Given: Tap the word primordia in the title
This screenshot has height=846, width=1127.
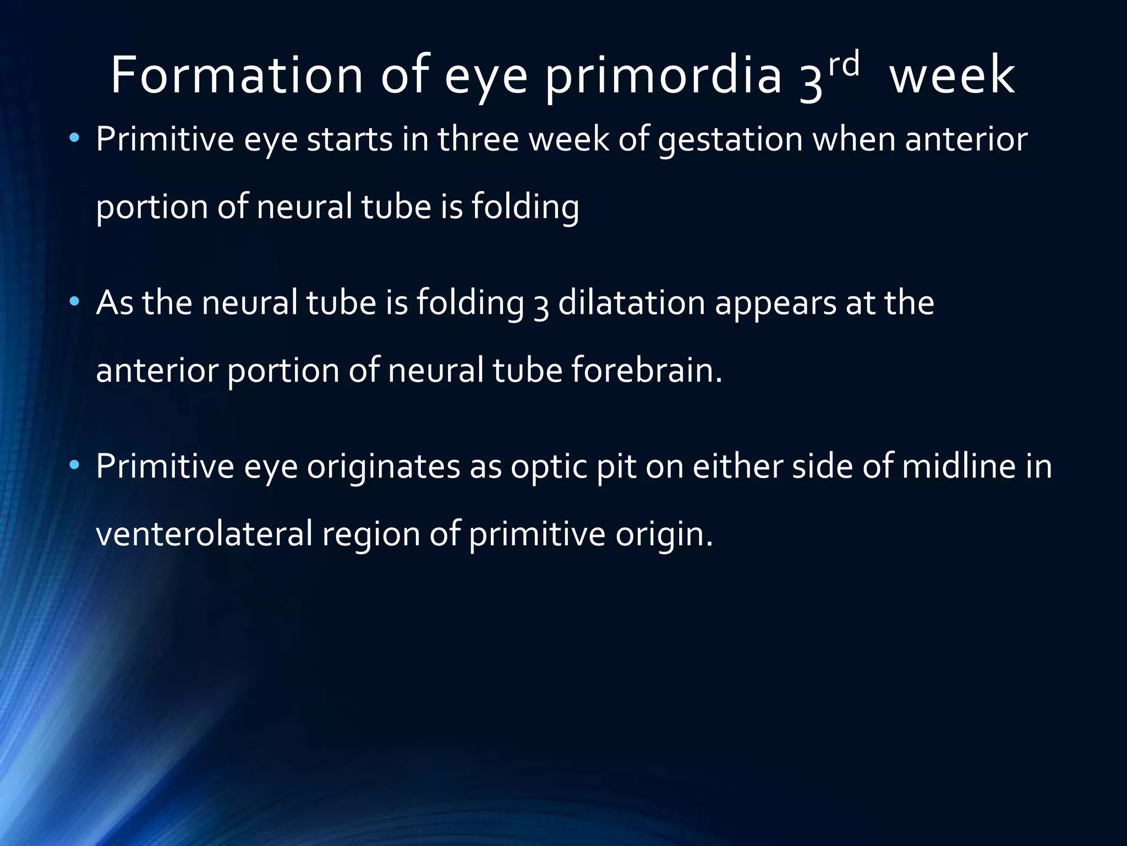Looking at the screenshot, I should (x=663, y=77).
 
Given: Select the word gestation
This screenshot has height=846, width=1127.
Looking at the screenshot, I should (x=730, y=140).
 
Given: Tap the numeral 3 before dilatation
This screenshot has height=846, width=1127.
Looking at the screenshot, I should (x=541, y=305).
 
